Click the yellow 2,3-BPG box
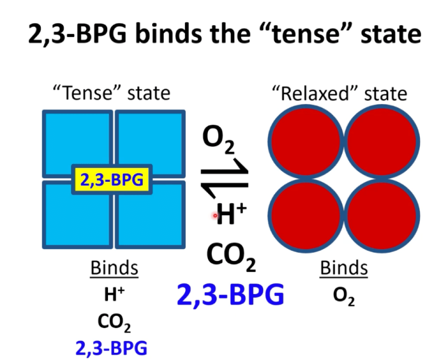(x=112, y=179)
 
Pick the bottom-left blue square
(x=77, y=215)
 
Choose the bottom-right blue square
(x=150, y=215)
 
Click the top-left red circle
(x=306, y=142)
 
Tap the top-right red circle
(x=382, y=142)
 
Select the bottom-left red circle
(x=306, y=216)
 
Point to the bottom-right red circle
(x=382, y=216)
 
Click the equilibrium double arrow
(x=224, y=178)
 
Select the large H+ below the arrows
(x=231, y=214)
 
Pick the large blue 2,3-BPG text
(x=231, y=294)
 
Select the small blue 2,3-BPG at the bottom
(x=112, y=348)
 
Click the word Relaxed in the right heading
(x=315, y=93)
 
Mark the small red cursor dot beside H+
(x=215, y=216)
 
